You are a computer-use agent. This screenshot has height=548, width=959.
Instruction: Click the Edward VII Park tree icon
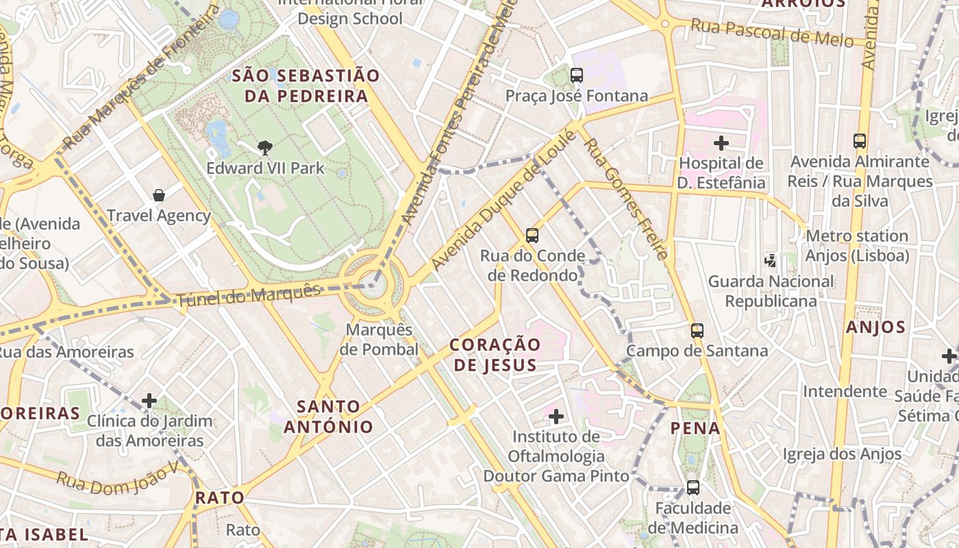pyautogui.click(x=265, y=147)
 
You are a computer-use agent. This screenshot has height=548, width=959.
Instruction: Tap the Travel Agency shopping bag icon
pyautogui.click(x=159, y=195)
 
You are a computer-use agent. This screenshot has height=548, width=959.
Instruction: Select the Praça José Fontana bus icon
pyautogui.click(x=577, y=75)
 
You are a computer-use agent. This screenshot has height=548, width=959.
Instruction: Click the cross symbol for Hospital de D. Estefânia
pyautogui.click(x=721, y=143)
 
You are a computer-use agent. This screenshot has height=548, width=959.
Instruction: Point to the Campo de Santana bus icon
pyautogui.click(x=697, y=331)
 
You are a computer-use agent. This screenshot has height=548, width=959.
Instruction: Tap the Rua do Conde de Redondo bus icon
pyautogui.click(x=532, y=236)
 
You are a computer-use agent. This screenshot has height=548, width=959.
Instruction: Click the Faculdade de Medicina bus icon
pyautogui.click(x=693, y=488)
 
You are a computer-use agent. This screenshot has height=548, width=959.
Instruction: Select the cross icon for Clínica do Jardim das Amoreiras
pyautogui.click(x=149, y=401)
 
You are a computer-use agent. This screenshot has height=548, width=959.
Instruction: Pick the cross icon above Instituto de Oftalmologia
pyautogui.click(x=556, y=416)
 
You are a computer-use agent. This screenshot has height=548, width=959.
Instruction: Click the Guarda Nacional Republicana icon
pyautogui.click(x=771, y=260)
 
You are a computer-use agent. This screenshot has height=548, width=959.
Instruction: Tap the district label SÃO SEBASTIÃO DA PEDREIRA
pyautogui.click(x=306, y=86)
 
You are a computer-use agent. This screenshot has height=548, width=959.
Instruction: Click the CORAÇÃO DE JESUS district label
pyautogui.click(x=495, y=354)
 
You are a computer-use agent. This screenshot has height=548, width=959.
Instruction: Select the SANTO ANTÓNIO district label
pyautogui.click(x=329, y=416)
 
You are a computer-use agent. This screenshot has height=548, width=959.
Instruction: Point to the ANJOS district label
pyautogui.click(x=875, y=327)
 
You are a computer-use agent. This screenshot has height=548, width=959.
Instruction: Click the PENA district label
pyautogui.click(x=695, y=429)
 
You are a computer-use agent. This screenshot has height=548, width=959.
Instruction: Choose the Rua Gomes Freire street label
pyautogui.click(x=625, y=199)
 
